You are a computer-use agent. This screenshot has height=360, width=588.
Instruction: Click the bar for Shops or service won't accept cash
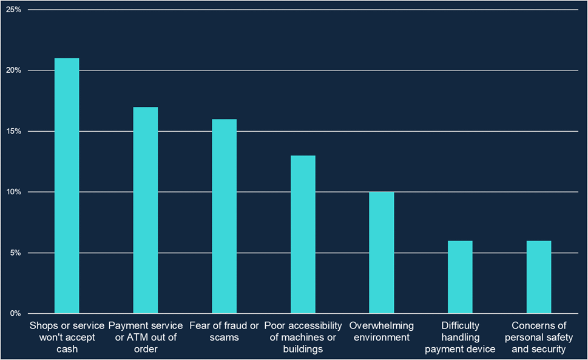pos(67,186)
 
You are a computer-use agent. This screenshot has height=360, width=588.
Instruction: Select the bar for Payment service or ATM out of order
pos(146,210)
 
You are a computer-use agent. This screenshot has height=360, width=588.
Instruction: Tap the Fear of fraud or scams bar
pos(224,216)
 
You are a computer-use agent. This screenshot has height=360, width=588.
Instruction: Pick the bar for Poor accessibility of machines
pos(303,234)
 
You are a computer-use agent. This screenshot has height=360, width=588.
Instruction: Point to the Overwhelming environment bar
pos(382,253)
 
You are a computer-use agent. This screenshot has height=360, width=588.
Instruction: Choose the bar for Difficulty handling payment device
pos(460,277)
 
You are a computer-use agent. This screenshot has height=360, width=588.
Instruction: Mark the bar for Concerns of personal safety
pos(539,277)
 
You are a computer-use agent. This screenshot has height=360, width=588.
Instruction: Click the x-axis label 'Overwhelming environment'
pos(382,331)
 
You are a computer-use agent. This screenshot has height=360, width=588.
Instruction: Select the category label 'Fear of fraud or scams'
pos(224,331)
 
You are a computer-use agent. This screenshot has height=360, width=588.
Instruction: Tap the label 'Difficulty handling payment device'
pos(460,337)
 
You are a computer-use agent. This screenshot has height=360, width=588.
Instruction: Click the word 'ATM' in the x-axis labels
pos(139,338)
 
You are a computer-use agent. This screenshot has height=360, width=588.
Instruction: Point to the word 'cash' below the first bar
pos(67,349)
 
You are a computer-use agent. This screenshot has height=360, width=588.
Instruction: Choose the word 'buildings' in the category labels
pos(303,349)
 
